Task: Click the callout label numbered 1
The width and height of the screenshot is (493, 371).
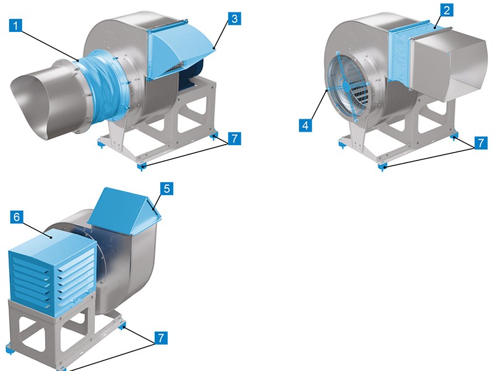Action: coord(16,25)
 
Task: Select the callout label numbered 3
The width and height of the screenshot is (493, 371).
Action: coord(235,19)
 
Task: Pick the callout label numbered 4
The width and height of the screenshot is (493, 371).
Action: coord(305,126)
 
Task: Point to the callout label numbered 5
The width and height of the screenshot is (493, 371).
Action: coord(166,189)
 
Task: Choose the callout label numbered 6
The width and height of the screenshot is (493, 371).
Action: coord(17,217)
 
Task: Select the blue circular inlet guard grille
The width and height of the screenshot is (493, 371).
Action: coord(348,85)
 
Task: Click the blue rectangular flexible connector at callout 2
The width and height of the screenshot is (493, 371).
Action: coord(410,55)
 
